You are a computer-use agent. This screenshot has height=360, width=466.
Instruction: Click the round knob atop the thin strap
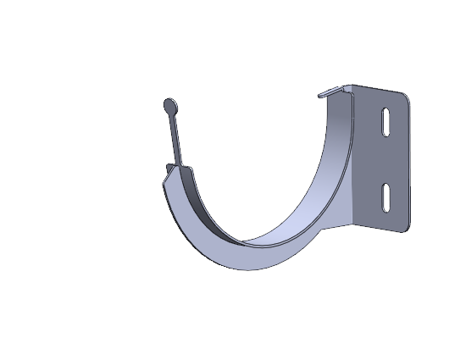point(170,107)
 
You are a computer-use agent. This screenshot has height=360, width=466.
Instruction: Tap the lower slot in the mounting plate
point(386,196)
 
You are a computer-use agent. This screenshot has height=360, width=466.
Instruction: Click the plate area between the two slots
point(386,160)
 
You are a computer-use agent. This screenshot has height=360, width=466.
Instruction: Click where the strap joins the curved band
point(177,165)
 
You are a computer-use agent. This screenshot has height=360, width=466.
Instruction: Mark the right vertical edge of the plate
point(410,161)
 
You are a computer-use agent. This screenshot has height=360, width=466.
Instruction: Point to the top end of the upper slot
point(385,110)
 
